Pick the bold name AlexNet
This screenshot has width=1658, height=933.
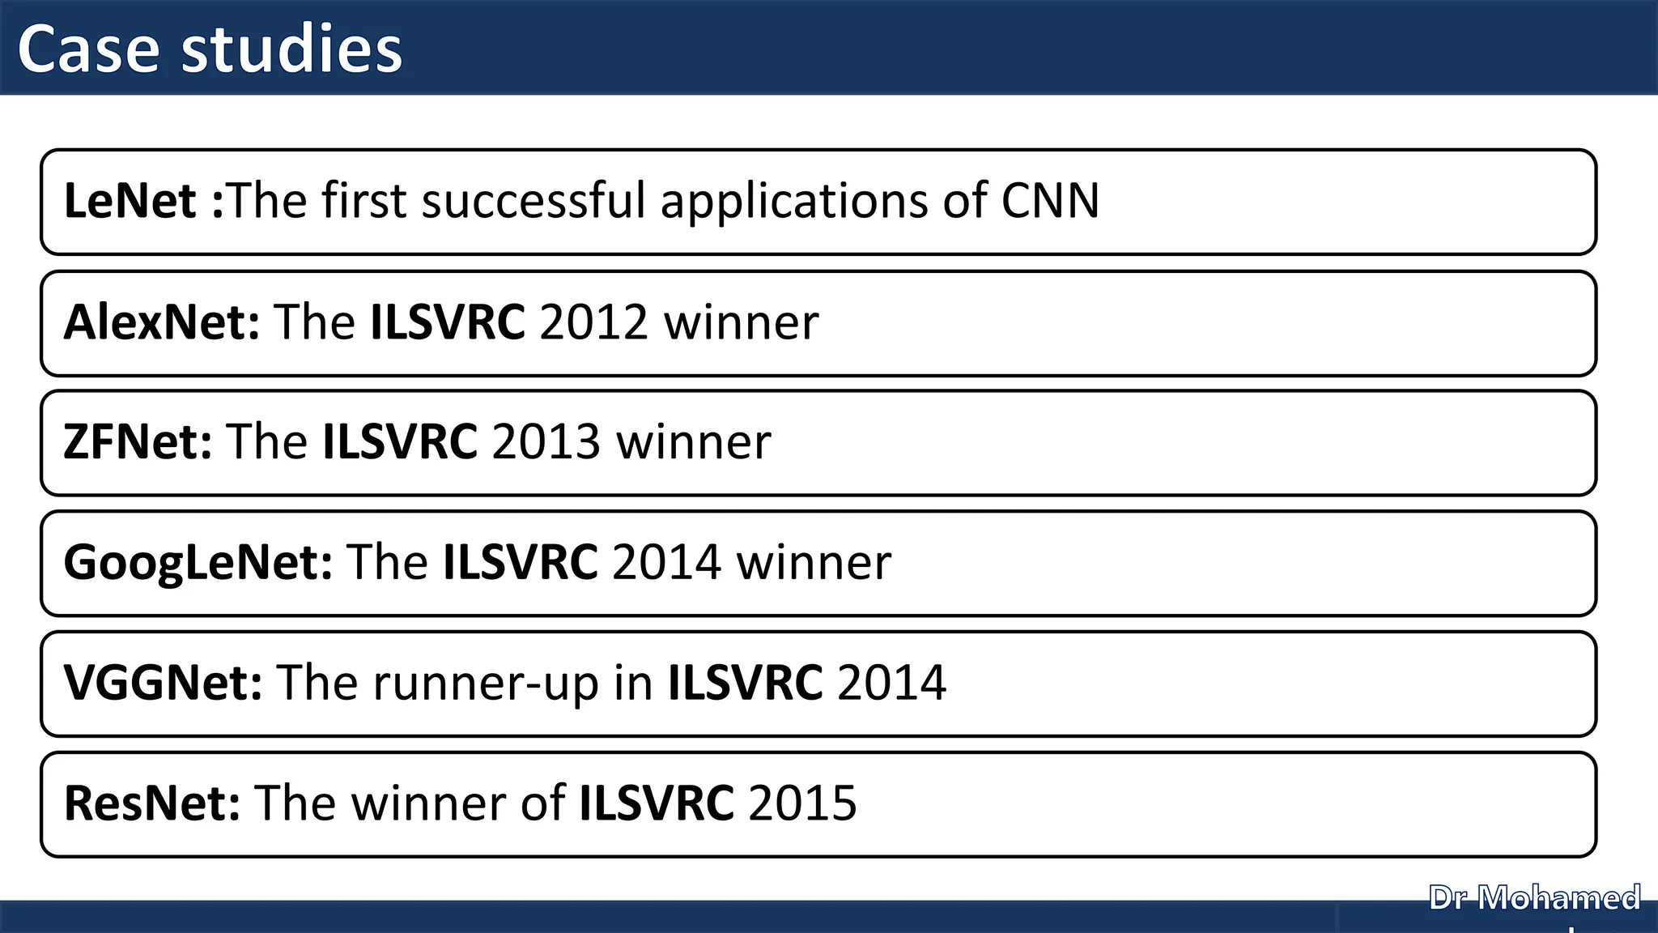click(x=161, y=322)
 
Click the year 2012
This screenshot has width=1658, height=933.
click(x=593, y=322)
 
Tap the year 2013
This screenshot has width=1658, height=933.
click(x=546, y=442)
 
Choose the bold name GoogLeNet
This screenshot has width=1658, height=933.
click(x=198, y=562)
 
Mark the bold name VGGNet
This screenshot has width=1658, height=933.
click(x=163, y=682)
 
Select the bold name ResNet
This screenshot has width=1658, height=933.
click(x=151, y=803)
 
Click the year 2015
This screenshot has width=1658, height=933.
click(x=802, y=803)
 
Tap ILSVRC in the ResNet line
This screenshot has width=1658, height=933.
click(x=657, y=803)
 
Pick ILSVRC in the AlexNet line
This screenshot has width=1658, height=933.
click(x=448, y=322)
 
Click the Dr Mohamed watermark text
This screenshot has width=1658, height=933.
click(x=1534, y=898)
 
